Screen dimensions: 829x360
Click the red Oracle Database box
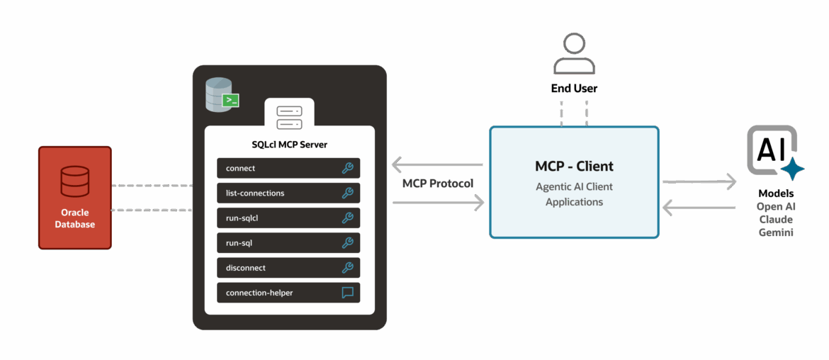pyautogui.click(x=75, y=198)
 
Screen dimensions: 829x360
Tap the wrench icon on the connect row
pyautogui.click(x=347, y=169)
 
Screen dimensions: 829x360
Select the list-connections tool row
pyautogui.click(x=288, y=193)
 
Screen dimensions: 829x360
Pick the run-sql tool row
pyautogui.click(x=288, y=243)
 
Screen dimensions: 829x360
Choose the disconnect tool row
pyautogui.click(x=288, y=268)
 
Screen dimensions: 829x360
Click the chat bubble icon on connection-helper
pyautogui.click(x=347, y=293)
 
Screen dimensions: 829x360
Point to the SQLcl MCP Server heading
pyautogui.click(x=289, y=145)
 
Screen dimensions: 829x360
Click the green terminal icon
pyautogui.click(x=230, y=100)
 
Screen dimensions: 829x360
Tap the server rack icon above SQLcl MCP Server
pyautogui.click(x=289, y=118)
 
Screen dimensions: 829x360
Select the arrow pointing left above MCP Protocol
pyautogui.click(x=437, y=165)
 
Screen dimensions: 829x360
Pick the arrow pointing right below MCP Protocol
pyautogui.click(x=439, y=203)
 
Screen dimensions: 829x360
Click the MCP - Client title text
pyautogui.click(x=574, y=166)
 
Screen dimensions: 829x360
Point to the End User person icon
pyautogui.click(x=574, y=54)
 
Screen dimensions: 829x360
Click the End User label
pyautogui.click(x=574, y=89)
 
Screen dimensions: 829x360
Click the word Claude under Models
pyautogui.click(x=776, y=220)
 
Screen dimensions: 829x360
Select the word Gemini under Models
pyautogui.click(x=776, y=232)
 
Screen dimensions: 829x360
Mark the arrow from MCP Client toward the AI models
pyautogui.click(x=699, y=182)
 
